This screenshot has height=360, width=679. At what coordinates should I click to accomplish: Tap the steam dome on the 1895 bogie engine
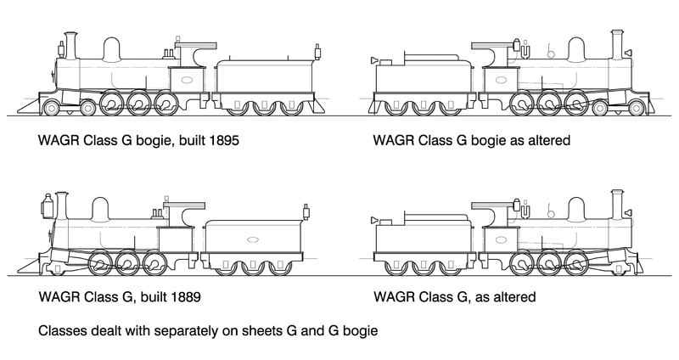click(110, 49)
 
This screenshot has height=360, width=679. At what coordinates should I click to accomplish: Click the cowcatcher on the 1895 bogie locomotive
click(29, 106)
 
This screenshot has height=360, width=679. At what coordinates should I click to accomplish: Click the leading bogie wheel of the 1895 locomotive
click(53, 108)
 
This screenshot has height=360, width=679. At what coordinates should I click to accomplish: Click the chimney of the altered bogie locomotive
click(618, 42)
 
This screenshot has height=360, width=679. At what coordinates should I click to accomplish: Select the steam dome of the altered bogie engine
click(577, 50)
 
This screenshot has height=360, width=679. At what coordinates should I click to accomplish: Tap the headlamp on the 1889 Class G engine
click(48, 202)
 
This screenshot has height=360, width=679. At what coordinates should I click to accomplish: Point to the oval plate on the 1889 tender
click(252, 240)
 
